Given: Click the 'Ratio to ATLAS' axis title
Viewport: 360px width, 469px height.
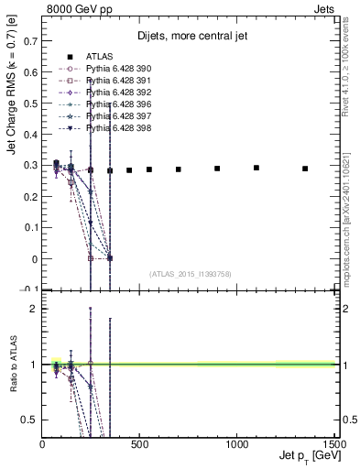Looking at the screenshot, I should pos(13,365).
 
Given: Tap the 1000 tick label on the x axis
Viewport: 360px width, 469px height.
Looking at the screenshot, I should pos(236,443).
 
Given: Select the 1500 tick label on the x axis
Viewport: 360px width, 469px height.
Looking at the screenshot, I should pos(333,443).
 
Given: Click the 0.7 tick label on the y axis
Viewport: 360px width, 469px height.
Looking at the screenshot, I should pos(31,40).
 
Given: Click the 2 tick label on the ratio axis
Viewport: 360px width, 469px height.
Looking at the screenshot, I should pos(35,309).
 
